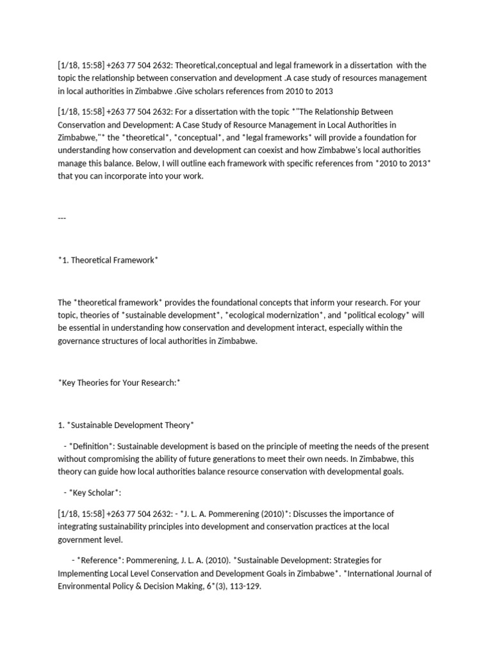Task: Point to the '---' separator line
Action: click(62, 217)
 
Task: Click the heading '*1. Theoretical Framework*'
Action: click(108, 259)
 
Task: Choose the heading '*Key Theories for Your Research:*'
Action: click(119, 382)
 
